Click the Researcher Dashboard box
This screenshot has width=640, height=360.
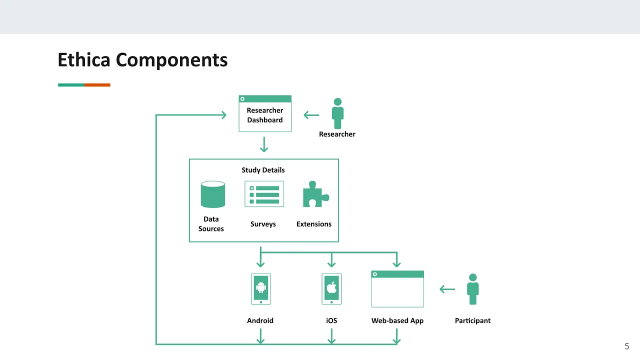pyautogui.click(x=265, y=113)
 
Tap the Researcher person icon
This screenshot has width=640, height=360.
pyautogui.click(x=337, y=113)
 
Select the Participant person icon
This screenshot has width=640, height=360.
pyautogui.click(x=473, y=289)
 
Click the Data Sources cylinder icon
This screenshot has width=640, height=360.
pyautogui.click(x=213, y=194)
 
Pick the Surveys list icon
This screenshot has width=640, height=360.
pyautogui.click(x=264, y=194)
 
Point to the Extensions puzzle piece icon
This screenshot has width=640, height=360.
pyautogui.click(x=315, y=194)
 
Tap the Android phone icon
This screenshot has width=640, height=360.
pyautogui.click(x=261, y=289)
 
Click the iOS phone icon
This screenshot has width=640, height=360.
pyautogui.click(x=331, y=289)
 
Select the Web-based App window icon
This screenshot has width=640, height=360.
pyautogui.click(x=397, y=289)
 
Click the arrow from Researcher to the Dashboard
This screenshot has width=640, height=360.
pyautogui.click(x=311, y=115)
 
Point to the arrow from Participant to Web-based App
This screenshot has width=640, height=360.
pyautogui.click(x=447, y=289)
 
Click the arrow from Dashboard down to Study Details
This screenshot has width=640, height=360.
pyautogui.click(x=264, y=144)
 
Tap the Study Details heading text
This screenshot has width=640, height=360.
pyautogui.click(x=263, y=170)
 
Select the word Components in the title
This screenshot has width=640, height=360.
pyautogui.click(x=171, y=60)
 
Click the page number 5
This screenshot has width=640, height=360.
pyautogui.click(x=627, y=346)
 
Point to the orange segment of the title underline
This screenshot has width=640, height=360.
pyautogui.click(x=97, y=85)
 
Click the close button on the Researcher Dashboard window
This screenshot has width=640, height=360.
pyautogui.click(x=242, y=99)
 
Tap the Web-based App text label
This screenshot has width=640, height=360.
pyautogui.click(x=397, y=320)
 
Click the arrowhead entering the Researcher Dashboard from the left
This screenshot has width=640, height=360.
pyautogui.click(x=224, y=115)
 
